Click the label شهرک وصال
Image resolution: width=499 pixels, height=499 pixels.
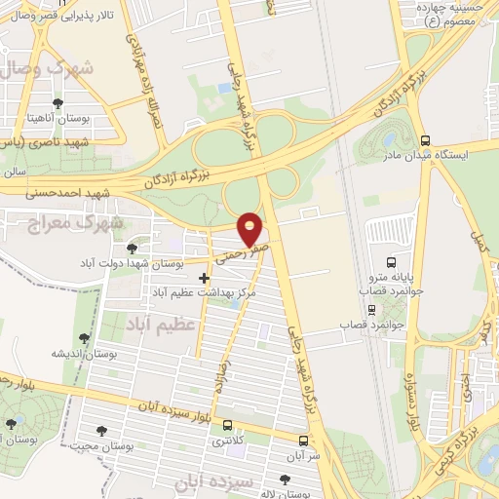click(33, 69)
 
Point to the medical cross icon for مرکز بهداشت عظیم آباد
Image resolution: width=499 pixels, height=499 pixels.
click(203, 279)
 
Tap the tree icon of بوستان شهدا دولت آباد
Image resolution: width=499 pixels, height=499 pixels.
click(132, 249)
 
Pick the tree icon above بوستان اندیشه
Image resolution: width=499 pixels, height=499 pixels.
click(85, 338)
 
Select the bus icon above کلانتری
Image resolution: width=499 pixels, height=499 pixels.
click(228, 426)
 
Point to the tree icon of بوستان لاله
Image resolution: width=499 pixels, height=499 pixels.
click(286, 479)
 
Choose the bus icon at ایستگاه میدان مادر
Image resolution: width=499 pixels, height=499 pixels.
click(425, 139)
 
